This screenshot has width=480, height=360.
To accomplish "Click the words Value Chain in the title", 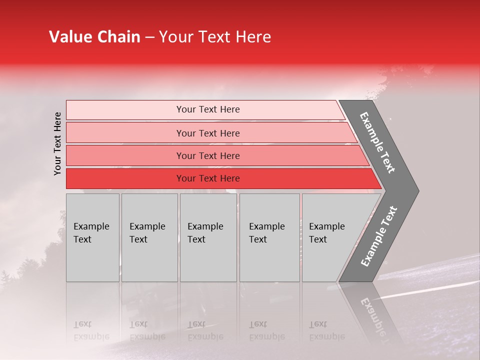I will (x=94, y=37).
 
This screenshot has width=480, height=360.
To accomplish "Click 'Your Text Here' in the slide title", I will (x=214, y=37).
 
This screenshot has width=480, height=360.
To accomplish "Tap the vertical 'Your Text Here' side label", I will (x=57, y=143).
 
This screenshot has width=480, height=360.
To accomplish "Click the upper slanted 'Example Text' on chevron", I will (x=377, y=142).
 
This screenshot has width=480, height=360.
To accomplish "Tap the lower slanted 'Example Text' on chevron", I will (x=379, y=236).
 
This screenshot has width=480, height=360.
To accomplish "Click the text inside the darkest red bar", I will (x=208, y=178).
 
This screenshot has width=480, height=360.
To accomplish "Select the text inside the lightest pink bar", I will (x=208, y=109).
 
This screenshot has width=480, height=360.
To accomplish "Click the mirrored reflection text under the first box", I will (x=91, y=330).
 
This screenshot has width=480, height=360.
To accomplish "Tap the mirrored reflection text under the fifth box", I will (x=327, y=330).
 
